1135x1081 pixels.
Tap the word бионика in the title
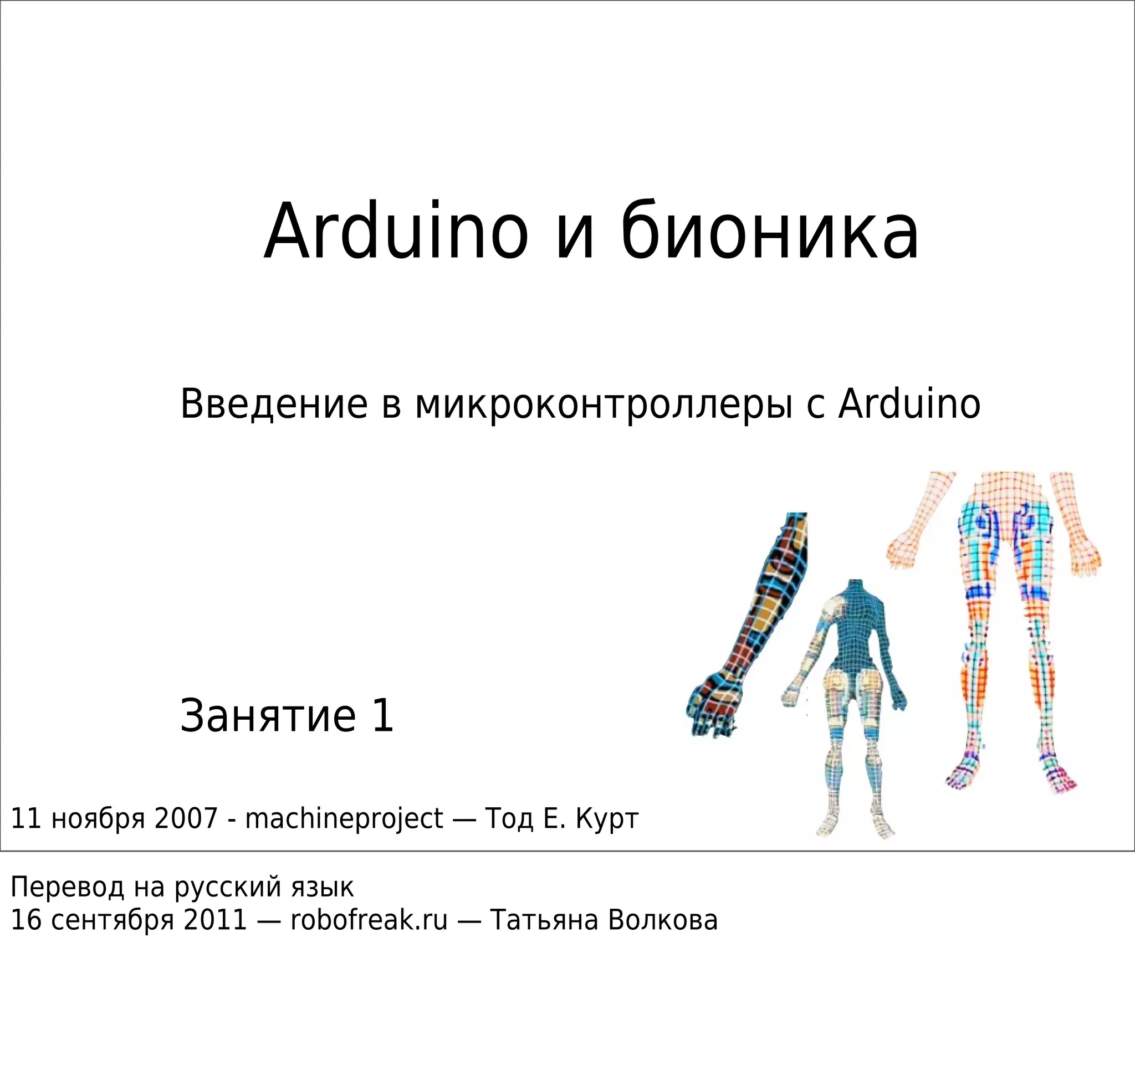tap(770, 232)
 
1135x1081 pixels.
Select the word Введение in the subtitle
tap(274, 404)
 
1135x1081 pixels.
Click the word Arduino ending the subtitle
tap(909, 404)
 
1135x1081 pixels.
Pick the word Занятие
tap(268, 716)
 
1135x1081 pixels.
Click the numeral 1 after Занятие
tap(382, 716)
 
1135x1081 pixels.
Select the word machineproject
tap(344, 819)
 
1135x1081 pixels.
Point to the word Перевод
tap(68, 888)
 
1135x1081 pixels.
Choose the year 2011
tap(215, 920)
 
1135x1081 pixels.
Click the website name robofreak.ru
tap(369, 920)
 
